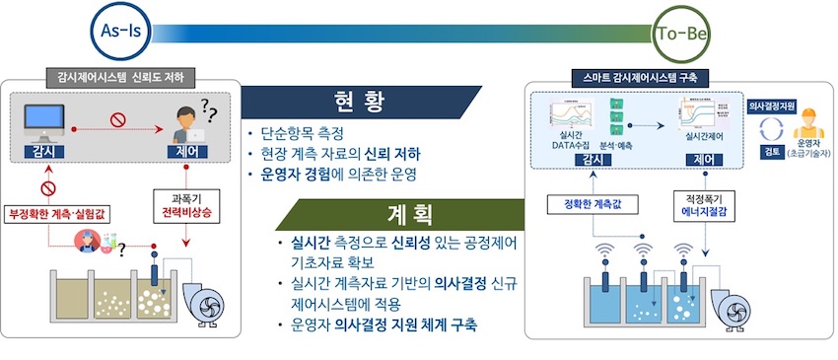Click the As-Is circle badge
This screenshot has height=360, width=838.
121,31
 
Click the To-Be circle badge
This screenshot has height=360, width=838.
681,35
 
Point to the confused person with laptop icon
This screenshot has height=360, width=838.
187,124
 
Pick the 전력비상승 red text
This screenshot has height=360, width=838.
186,212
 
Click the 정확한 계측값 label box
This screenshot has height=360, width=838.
593,204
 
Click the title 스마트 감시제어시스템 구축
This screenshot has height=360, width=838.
641,77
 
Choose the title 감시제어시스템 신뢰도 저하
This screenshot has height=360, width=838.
120,77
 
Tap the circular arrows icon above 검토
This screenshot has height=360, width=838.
770,128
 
